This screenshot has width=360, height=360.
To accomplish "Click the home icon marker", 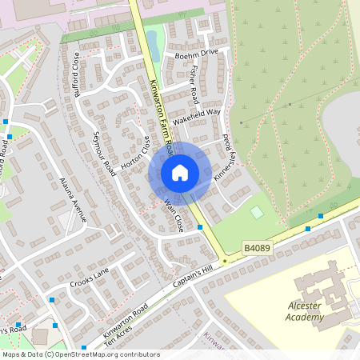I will click(180, 173).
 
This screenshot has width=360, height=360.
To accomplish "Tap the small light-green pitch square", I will click(256, 212).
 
